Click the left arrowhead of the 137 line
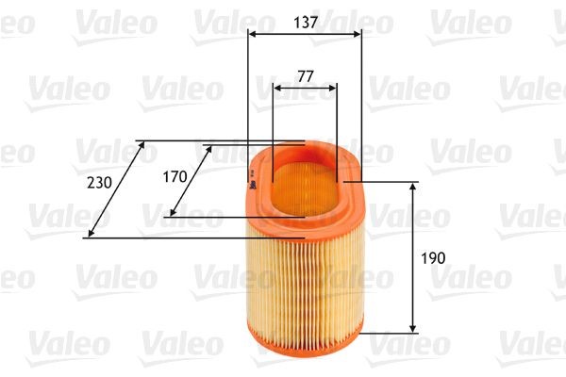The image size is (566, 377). coord(252,33)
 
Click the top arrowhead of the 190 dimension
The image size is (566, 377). coord(413,188)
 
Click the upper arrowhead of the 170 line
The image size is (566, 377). coord(207,149)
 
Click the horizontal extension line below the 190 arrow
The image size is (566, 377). coord(387,332)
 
